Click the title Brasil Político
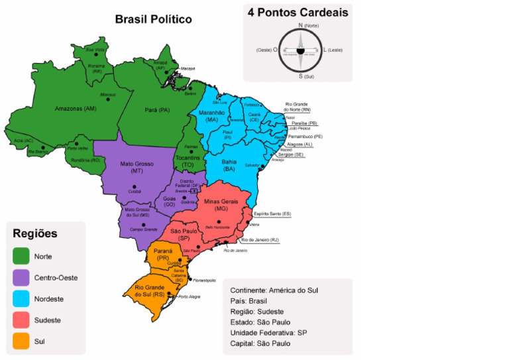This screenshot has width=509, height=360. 153,19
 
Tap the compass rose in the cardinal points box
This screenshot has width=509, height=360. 300,50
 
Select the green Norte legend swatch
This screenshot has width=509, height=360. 21,256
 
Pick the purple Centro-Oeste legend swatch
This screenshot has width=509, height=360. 21,277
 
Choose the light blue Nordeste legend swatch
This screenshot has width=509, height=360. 21,298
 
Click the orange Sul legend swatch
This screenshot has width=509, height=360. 21,341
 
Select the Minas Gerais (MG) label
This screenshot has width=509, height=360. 221,204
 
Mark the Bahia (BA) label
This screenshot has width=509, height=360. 229,165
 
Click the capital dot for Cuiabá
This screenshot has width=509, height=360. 135,187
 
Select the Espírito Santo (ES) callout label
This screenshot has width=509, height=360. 276,213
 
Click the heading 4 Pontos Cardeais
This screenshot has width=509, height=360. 298,13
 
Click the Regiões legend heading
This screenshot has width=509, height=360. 35,233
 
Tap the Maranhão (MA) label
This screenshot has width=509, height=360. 212,116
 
